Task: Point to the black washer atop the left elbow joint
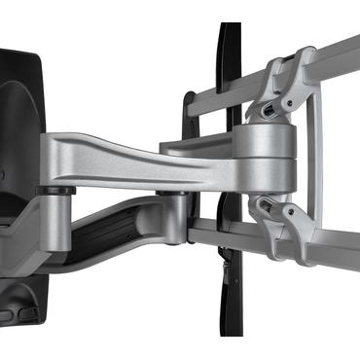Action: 53,191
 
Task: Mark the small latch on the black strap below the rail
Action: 226,263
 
